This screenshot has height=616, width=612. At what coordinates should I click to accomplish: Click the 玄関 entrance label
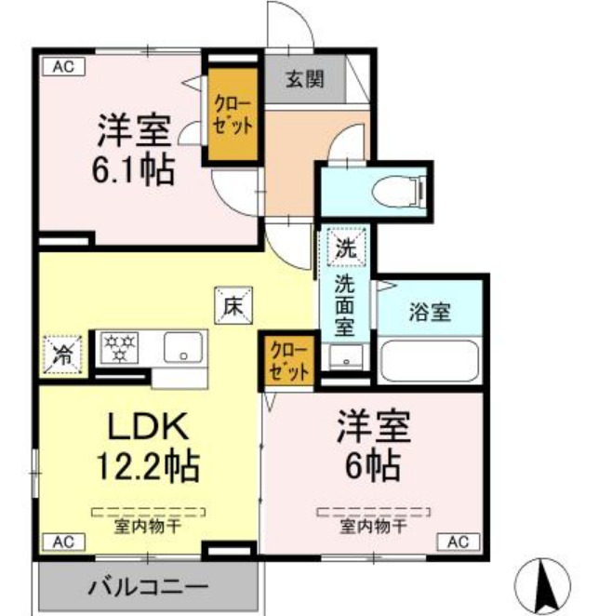click(305, 79)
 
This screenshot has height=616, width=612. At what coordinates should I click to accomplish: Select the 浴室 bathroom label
click(429, 312)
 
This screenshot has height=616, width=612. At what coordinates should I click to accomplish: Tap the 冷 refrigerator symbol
click(63, 352)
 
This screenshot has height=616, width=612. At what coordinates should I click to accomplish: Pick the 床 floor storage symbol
click(231, 303)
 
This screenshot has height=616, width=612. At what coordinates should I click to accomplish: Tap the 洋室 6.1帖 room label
click(136, 149)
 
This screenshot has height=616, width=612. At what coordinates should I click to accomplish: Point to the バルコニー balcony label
click(149, 587)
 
